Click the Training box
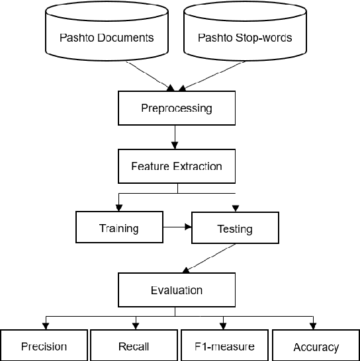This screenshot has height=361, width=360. (x=119, y=228)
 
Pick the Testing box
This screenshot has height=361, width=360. (x=235, y=229)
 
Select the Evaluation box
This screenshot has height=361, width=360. (x=176, y=290)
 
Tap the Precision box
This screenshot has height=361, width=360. (x=44, y=346)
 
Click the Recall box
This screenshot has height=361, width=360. (x=134, y=346)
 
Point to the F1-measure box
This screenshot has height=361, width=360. (x=223, y=346)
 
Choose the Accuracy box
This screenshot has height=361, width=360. (x=315, y=346)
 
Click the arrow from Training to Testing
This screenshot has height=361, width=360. (x=177, y=227)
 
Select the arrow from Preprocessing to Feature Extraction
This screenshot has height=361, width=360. (x=175, y=137)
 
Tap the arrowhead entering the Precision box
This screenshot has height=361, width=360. (x=44, y=325)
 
